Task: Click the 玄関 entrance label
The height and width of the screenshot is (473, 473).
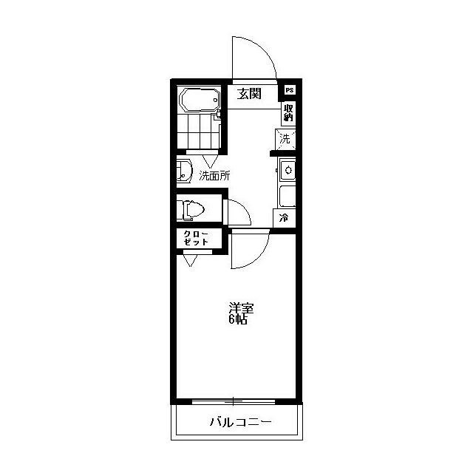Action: coord(249,94)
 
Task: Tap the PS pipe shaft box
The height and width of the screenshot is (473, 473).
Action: coord(290,90)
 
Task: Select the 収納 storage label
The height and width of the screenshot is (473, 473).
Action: coord(288,112)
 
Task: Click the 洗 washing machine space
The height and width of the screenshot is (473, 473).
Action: coord(285,139)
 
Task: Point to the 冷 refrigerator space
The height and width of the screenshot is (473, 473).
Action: coord(284,218)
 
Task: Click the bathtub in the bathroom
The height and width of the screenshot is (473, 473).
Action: coord(200,100)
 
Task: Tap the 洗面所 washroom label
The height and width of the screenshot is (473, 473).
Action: coord(214,176)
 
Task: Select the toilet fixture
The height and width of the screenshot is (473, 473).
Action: coord(191,209)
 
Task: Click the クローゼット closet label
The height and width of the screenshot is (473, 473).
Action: coord(196,238)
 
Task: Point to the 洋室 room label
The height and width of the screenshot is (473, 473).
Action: coord(241,308)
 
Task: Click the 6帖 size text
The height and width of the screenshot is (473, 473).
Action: coord(238,319)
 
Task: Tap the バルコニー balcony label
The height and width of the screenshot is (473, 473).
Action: coord(240,422)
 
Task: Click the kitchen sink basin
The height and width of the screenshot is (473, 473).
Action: coord(288,170)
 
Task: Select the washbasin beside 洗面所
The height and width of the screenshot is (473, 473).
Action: coord(184,171)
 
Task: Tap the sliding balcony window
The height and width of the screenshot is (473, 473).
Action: coord(234,401)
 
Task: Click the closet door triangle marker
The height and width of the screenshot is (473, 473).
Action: coord(191,261)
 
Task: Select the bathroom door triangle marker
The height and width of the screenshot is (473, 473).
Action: coord(210,161)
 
